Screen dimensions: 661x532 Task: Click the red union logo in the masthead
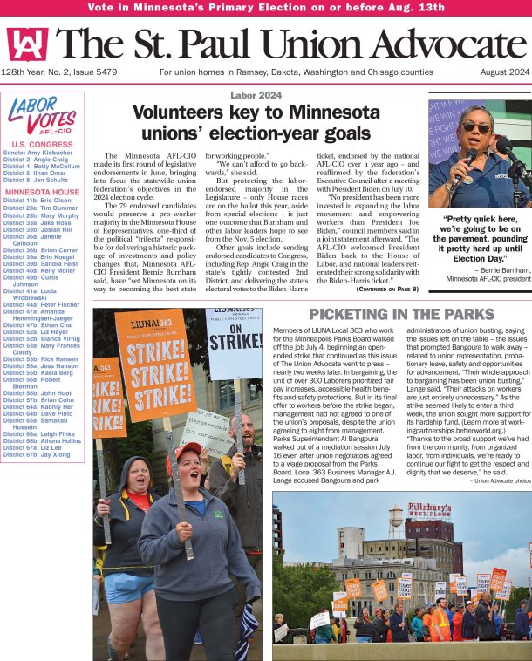(x=27, y=43)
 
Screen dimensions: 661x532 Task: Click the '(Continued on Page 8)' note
(x=388, y=288)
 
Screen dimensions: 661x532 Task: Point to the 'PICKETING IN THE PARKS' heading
(x=400, y=314)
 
